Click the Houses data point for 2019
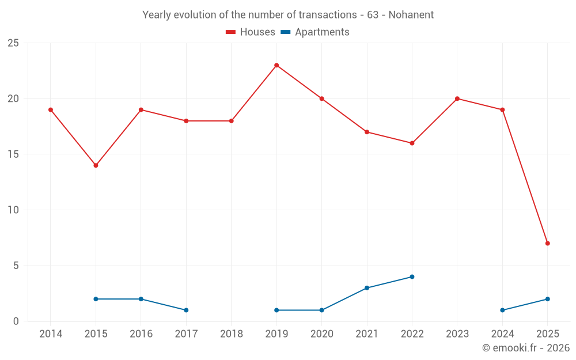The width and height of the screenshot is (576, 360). (276, 65)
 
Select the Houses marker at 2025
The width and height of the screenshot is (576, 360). (547, 243)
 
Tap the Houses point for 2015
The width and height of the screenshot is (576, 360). (96, 165)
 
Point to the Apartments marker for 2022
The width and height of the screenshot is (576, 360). (412, 276)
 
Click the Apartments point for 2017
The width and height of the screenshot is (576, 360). (186, 310)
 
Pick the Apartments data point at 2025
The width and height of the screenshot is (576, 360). (547, 299)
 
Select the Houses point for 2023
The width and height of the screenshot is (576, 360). (457, 98)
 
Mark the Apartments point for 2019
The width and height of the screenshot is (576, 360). (276, 310)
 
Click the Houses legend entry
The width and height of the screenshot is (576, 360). (251, 32)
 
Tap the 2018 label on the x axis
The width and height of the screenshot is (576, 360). (231, 334)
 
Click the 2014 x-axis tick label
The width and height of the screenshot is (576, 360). (51, 334)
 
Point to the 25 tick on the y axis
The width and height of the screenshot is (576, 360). (13, 43)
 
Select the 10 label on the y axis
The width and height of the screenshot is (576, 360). (13, 210)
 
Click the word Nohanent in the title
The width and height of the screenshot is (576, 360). (411, 14)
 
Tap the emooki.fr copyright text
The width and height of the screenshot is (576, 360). (526, 348)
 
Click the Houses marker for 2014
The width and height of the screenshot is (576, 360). (51, 109)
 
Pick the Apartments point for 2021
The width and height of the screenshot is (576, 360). (367, 288)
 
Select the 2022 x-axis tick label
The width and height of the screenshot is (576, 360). (412, 334)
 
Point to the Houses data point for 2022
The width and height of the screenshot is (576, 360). (412, 143)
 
